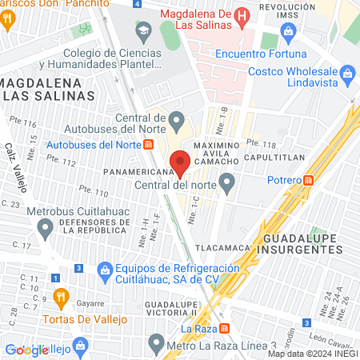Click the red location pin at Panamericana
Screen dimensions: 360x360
click(x=181, y=164)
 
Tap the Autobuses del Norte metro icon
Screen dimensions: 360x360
click(x=148, y=145)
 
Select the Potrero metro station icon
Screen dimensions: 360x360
click(x=310, y=180)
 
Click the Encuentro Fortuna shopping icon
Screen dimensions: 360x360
click(x=288, y=35)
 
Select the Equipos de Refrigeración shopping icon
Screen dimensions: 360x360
click(x=105, y=271)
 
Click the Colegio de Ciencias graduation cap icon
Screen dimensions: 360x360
click(x=143, y=33)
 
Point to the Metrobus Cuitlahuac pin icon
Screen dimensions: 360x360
click(x=46, y=230)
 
